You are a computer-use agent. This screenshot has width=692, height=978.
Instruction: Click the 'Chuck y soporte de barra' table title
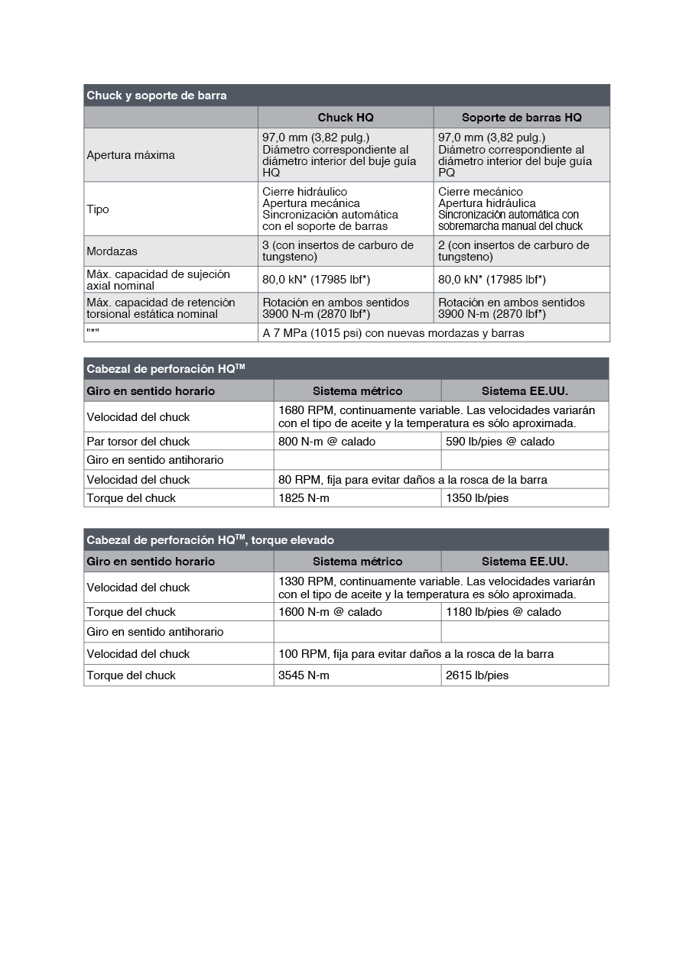157,96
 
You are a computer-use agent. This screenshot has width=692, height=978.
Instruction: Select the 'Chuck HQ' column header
346,118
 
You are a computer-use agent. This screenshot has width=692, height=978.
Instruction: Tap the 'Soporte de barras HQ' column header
521,118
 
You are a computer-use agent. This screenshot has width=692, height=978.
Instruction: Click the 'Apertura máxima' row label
131,155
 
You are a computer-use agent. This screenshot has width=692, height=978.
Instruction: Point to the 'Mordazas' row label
112,251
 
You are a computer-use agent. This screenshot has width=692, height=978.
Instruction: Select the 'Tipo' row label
98,209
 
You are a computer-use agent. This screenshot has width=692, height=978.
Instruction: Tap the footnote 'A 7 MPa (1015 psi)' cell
393,333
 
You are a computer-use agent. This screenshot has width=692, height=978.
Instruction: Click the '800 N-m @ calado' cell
327,442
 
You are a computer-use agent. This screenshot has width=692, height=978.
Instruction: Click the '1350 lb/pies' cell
478,498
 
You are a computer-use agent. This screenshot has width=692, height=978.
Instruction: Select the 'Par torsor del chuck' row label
138,442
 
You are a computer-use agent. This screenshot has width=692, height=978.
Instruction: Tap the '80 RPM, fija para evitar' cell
413,480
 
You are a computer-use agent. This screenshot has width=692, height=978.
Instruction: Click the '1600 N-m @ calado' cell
330,612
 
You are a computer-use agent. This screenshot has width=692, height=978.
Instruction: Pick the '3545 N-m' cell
304,675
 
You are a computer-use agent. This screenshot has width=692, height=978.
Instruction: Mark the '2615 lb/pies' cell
478,675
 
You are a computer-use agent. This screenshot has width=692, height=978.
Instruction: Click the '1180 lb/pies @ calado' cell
504,612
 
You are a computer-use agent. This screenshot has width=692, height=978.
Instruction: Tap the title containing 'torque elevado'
210,540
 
